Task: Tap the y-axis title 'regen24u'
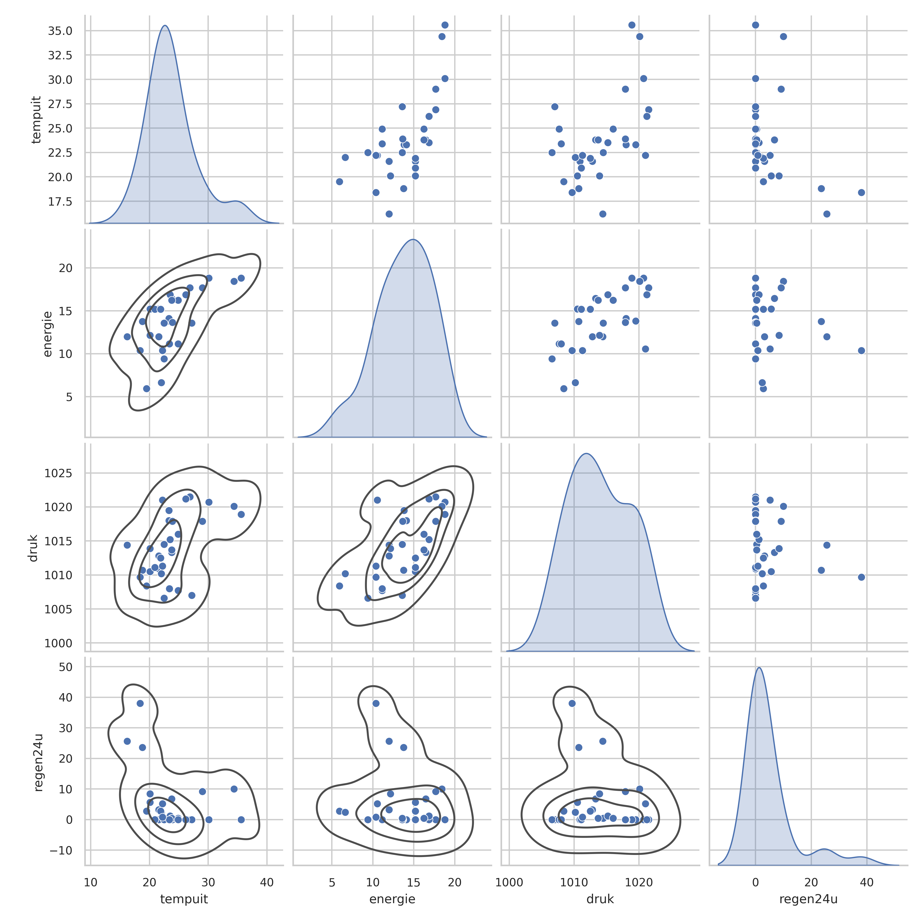coord(38,762)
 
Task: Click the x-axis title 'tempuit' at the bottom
coord(184,899)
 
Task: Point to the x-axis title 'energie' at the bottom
coord(392,899)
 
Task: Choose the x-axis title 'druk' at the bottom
coord(600,899)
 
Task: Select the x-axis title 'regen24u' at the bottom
coord(808,899)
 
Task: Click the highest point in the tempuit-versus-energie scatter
coord(445,25)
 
